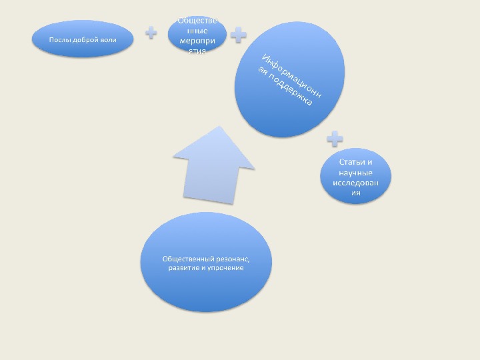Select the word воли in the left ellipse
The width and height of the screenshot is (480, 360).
pyautogui.click(x=108, y=40)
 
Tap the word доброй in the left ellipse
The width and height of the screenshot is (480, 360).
pyautogui.click(x=84, y=40)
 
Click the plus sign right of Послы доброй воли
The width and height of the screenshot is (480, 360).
pyautogui.click(x=153, y=31)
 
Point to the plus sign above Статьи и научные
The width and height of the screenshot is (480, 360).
pyautogui.click(x=335, y=139)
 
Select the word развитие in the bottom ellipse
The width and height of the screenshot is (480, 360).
pyautogui.click(x=183, y=268)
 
